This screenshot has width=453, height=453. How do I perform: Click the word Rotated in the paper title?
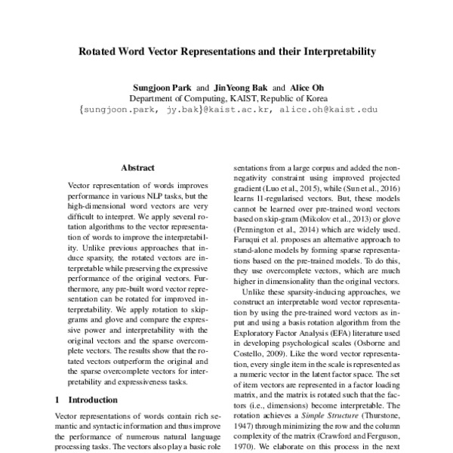pyautogui.click(x=101, y=54)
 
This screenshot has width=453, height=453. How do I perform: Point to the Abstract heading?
pyautogui.click(x=137, y=168)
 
